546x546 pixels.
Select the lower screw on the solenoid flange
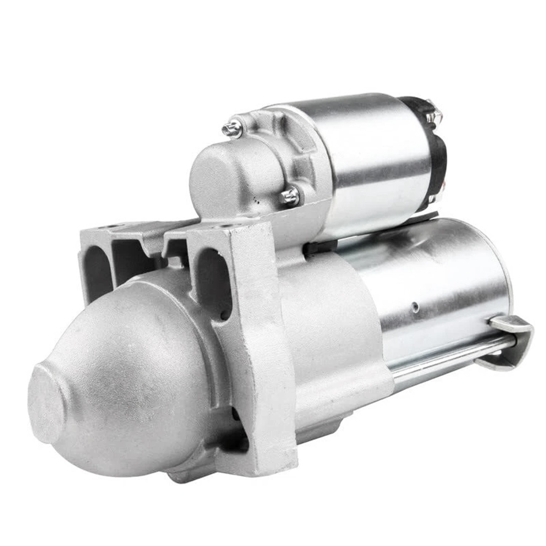pos(289,197)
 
